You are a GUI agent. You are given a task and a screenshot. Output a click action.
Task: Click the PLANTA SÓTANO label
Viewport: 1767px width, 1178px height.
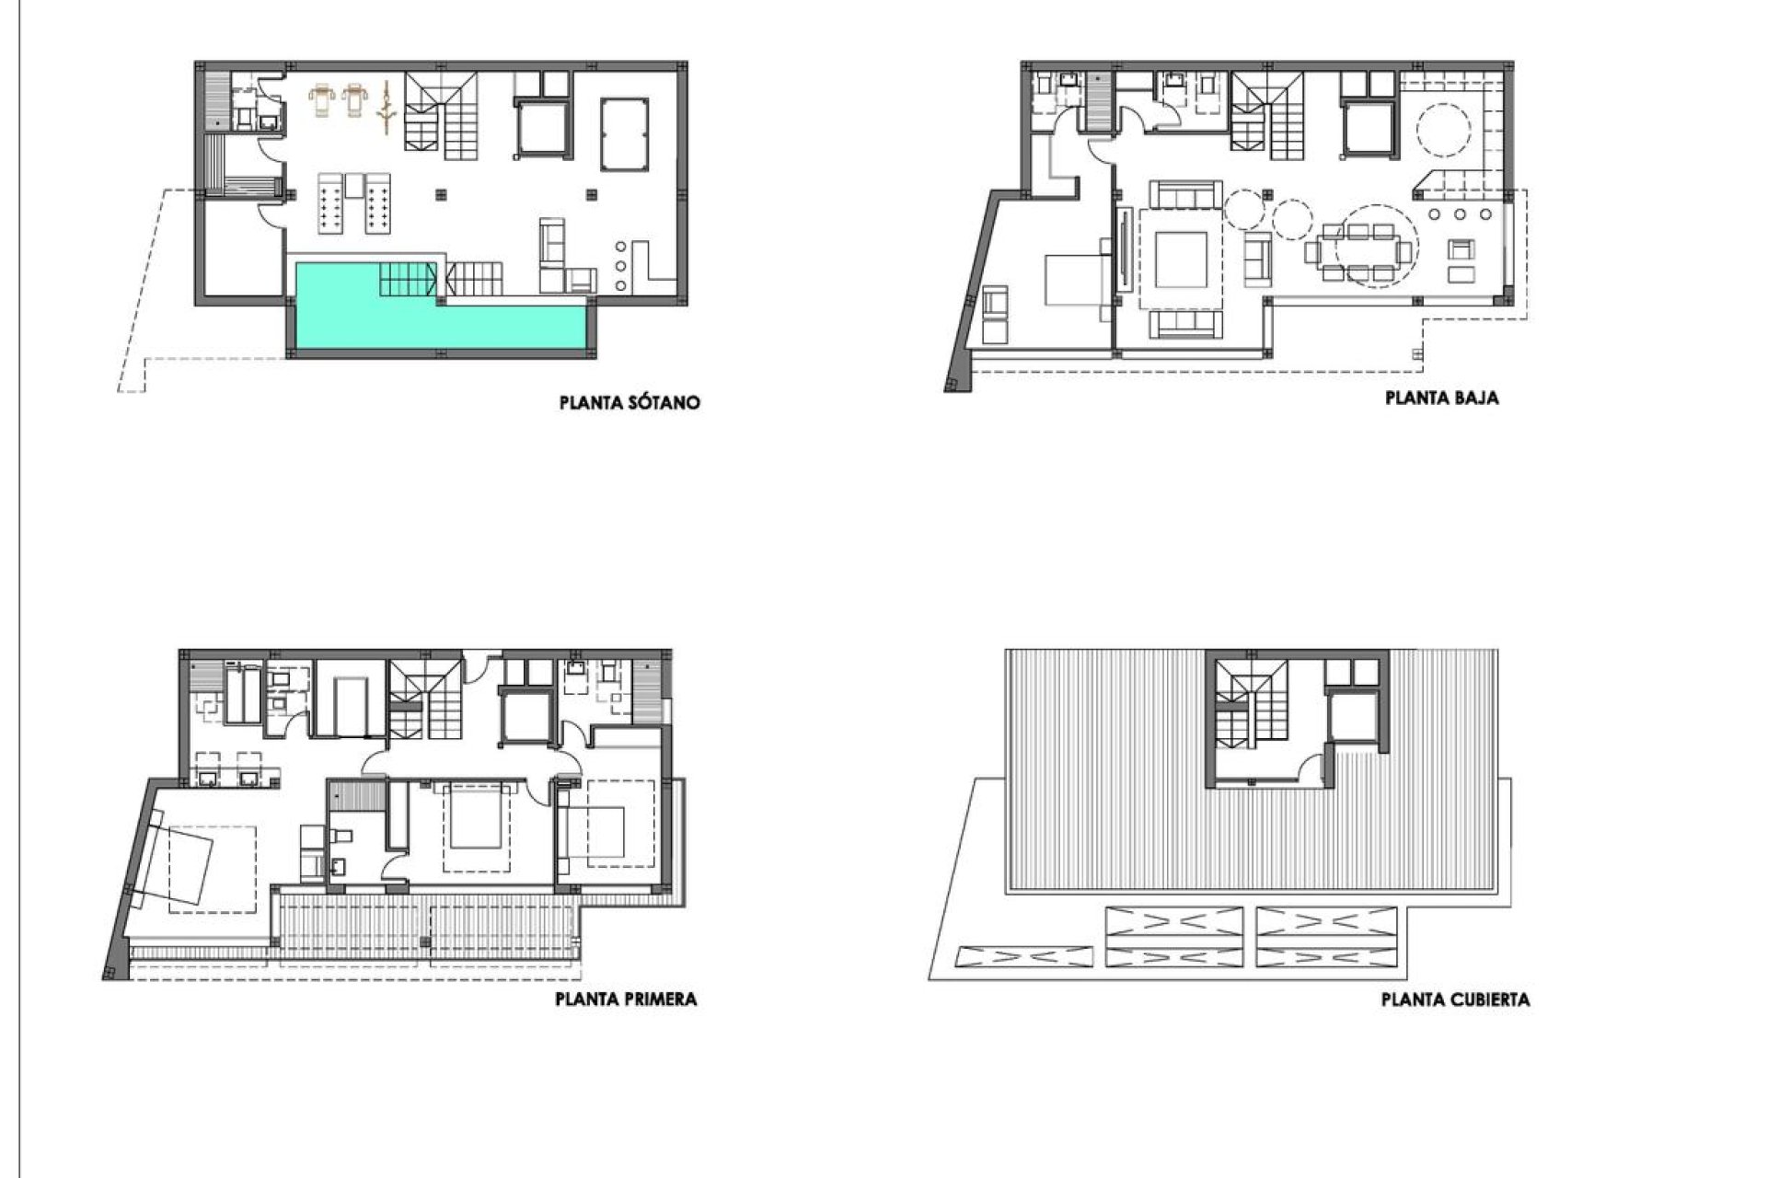(x=629, y=402)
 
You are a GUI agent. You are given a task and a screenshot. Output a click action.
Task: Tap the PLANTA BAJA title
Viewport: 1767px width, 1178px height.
(x=1441, y=398)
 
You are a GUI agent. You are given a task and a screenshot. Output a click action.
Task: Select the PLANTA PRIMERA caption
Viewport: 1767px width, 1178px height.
(x=626, y=999)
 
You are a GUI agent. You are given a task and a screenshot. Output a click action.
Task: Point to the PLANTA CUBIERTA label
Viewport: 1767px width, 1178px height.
(x=1455, y=999)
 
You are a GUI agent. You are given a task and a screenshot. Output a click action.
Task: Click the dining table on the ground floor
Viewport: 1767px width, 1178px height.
(x=1358, y=249)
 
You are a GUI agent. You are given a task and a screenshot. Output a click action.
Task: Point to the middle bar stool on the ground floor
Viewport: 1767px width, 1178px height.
(x=1461, y=214)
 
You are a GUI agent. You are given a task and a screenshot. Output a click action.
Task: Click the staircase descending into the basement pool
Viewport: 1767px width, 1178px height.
(x=408, y=279)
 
